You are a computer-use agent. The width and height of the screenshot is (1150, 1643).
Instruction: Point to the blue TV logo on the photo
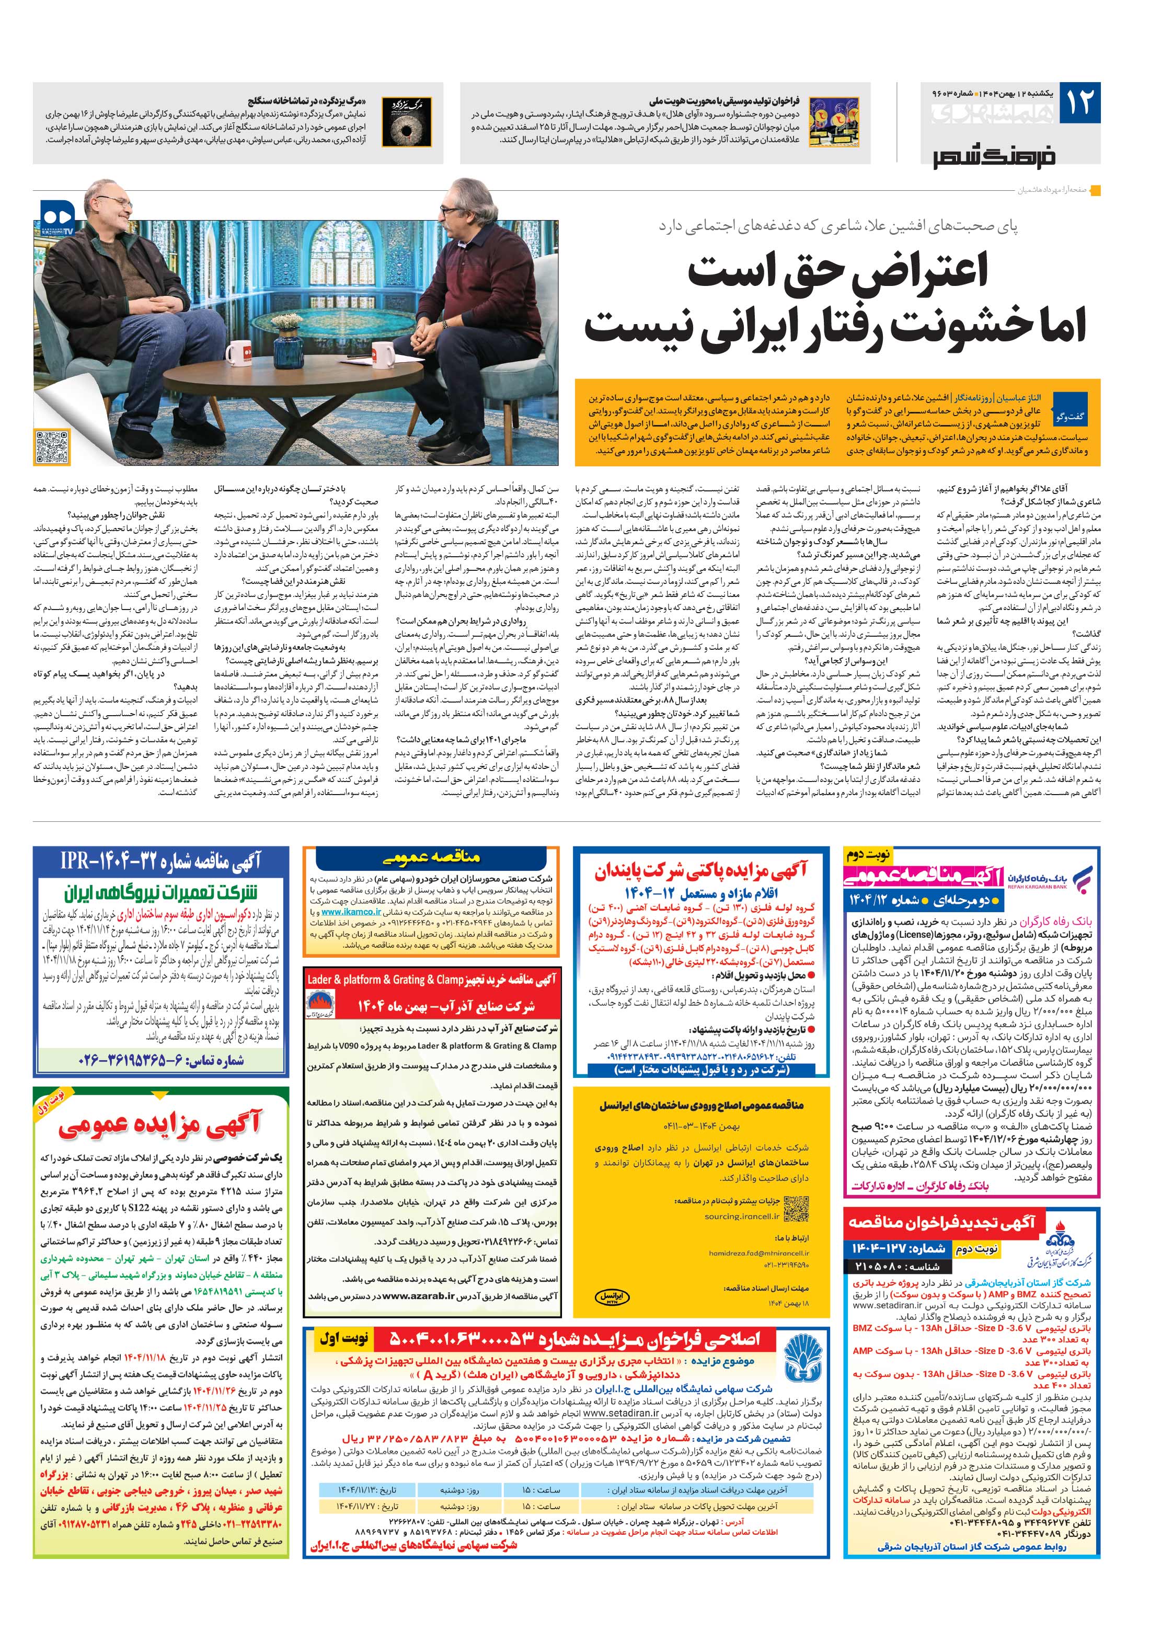tap(57, 213)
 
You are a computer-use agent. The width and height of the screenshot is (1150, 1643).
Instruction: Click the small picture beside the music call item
tap(834, 122)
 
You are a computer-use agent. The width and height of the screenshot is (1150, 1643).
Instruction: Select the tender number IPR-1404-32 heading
tap(161, 861)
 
